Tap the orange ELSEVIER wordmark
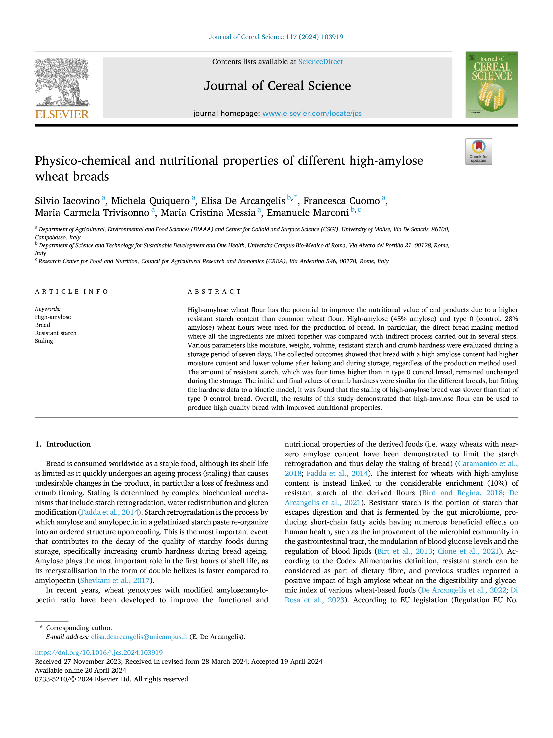pyautogui.click(x=62, y=114)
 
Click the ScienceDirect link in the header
pyautogui.click(x=320, y=62)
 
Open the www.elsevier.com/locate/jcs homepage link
pyautogui.click(x=312, y=113)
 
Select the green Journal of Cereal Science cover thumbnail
pyautogui.click(x=492, y=85)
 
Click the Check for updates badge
pyautogui.click(x=478, y=152)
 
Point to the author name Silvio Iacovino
pyautogui.click(x=67, y=201)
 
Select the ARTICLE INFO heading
pyautogui.click(x=72, y=292)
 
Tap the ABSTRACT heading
pyautogui.click(x=214, y=292)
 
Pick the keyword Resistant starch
pyautogui.click(x=56, y=333)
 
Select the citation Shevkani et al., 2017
pyautogui.click(x=115, y=580)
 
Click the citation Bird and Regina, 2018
pyautogui.click(x=462, y=493)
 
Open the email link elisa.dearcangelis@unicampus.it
pyautogui.click(x=139, y=637)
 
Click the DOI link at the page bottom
pyautogui.click(x=99, y=652)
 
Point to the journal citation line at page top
pyautogui.click(x=276, y=37)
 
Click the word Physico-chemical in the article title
pyautogui.click(x=83, y=161)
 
